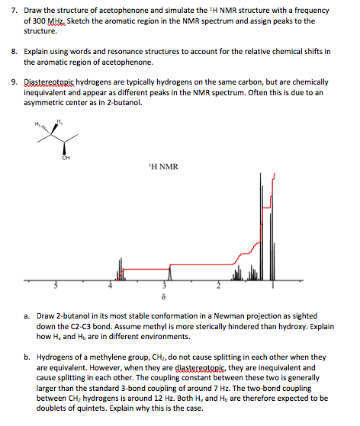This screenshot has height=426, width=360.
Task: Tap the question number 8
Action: pos(9,52)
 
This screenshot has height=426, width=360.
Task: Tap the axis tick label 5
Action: pos(53,287)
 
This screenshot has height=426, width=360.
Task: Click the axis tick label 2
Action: pos(218,287)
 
